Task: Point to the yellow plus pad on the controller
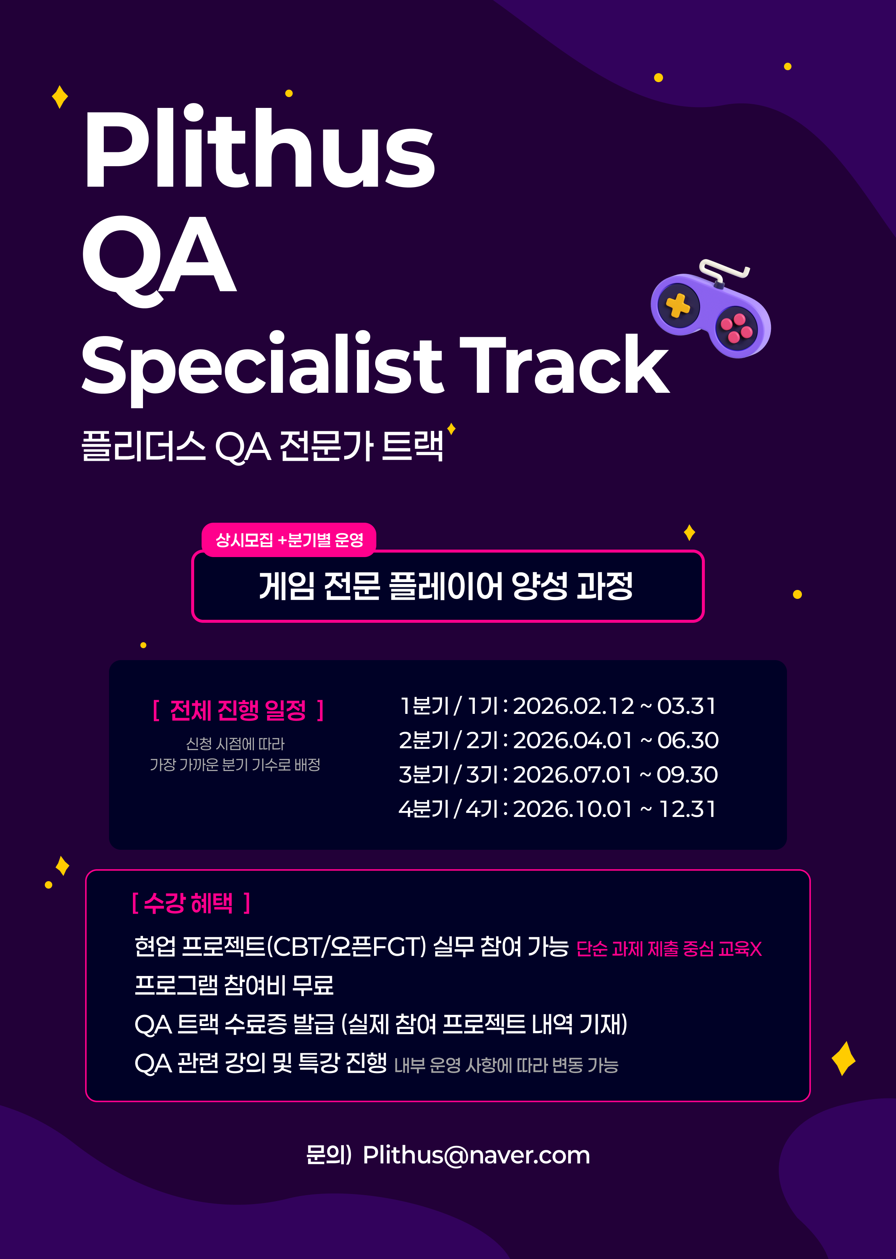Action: point(678,305)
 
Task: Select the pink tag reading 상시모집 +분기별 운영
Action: point(289,540)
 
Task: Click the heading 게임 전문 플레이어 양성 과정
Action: point(447,586)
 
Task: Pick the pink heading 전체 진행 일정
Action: point(238,710)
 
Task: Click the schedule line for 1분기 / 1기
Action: point(557,706)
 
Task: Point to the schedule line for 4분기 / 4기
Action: point(557,809)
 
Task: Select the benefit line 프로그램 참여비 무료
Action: point(234,985)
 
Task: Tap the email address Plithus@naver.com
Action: point(476,1155)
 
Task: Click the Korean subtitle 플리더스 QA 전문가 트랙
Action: point(262,446)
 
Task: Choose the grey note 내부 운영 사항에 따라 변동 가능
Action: point(506,1065)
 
